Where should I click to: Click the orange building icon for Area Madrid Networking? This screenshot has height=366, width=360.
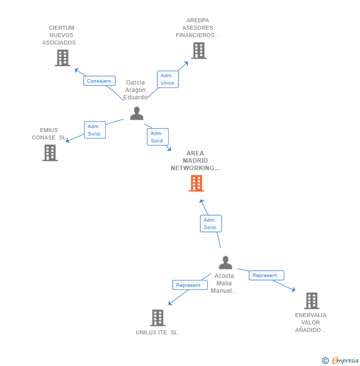pyautogui.click(x=196, y=183)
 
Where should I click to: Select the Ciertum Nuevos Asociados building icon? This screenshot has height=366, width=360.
pyautogui.click(x=62, y=58)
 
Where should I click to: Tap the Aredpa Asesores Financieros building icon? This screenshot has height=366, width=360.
pyautogui.click(x=198, y=50)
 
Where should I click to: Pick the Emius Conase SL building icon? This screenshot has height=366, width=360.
pyautogui.click(x=49, y=153)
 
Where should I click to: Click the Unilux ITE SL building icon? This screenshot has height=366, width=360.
pyautogui.click(x=157, y=318)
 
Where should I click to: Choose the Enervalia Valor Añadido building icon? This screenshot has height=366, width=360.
pyautogui.click(x=311, y=300)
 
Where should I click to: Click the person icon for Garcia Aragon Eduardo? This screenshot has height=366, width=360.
pyautogui.click(x=136, y=113)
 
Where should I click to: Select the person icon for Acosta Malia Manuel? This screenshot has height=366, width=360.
pyautogui.click(x=225, y=263)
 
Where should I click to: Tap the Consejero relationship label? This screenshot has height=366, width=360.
pyautogui.click(x=99, y=81)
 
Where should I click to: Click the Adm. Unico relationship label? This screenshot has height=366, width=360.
pyautogui.click(x=168, y=79)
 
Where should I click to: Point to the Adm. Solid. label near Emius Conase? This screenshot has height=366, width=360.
pyautogui.click(x=94, y=130)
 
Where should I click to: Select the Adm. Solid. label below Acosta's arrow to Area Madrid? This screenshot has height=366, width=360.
pyautogui.click(x=211, y=224)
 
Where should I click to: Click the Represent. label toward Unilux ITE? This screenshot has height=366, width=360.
pyautogui.click(x=189, y=285)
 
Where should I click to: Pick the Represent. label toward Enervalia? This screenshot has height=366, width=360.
pyautogui.click(x=266, y=275)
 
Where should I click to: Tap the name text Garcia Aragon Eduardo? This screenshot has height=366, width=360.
pyautogui.click(x=135, y=90)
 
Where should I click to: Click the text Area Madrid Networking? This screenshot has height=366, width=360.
pyautogui.click(x=195, y=161)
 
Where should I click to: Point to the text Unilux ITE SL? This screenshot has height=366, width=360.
pyautogui.click(x=156, y=332)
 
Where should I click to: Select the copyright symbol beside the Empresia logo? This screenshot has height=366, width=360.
pyautogui.click(x=325, y=361)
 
